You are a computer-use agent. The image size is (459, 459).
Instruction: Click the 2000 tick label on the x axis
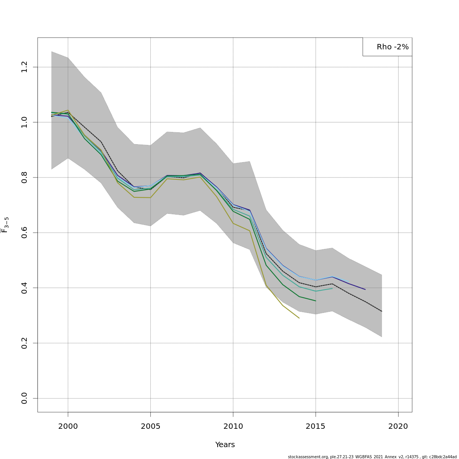tap(68, 426)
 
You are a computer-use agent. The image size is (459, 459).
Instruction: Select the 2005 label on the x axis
tap(150, 426)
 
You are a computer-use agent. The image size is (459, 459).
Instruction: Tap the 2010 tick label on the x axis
tap(233, 426)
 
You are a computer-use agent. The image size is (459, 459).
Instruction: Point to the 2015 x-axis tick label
tap(316, 426)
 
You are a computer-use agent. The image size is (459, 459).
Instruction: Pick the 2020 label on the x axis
tap(398, 426)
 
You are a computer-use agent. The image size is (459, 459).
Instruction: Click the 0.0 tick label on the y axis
tap(24, 398)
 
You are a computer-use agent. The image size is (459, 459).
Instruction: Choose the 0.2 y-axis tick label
tap(24, 343)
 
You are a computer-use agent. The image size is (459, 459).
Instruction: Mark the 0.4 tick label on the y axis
tap(24, 288)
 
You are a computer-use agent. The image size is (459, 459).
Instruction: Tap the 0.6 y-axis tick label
tap(24, 233)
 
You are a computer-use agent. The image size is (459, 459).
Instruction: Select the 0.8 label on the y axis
tap(24, 177)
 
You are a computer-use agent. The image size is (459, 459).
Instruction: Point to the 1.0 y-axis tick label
tap(24, 122)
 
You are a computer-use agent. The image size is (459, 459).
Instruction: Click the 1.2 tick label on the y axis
tap(24, 67)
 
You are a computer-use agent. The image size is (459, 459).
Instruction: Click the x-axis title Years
tap(225, 445)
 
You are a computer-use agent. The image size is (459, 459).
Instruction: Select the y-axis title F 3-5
tap(5, 225)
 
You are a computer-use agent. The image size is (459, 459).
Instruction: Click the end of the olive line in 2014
tap(299, 318)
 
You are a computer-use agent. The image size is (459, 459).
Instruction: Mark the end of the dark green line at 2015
tap(316, 301)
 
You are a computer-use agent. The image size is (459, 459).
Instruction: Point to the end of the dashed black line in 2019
tap(381, 311)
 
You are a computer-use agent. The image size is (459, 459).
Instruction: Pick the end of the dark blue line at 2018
tap(365, 289)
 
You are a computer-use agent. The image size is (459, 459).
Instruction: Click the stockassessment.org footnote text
tap(372, 457)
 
